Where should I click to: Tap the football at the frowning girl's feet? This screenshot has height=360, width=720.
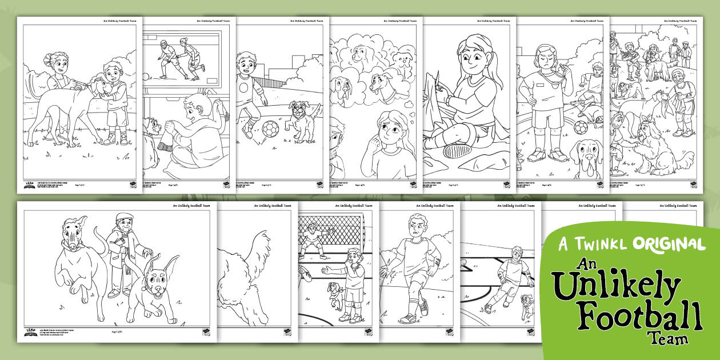(581, 127)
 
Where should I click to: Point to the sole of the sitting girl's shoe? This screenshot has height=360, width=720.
(457, 150)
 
